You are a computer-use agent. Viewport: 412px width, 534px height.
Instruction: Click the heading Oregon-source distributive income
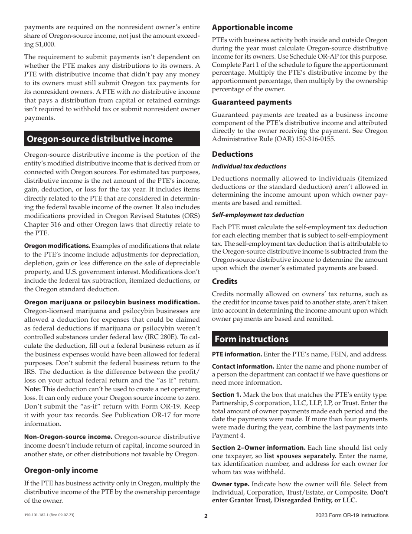pos(100,139)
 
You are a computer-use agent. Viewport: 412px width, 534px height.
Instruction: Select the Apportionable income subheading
pos(252,27)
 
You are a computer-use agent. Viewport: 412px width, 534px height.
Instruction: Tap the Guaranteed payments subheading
pos(252,102)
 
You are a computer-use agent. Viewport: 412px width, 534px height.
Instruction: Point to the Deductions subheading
pos(232,154)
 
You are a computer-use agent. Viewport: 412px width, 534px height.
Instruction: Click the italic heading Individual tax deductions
pos(249,166)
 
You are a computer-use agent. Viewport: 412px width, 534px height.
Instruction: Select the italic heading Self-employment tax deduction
pos(258,215)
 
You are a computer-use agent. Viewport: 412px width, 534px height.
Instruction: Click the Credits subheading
pos(225,281)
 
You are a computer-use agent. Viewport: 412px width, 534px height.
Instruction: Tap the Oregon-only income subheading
pos(61,470)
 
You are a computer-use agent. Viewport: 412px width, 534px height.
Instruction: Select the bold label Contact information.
pos(243,366)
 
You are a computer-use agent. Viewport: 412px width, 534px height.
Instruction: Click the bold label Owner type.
pos(230,484)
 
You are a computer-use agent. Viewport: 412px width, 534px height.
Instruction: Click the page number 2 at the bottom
pos(206,516)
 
